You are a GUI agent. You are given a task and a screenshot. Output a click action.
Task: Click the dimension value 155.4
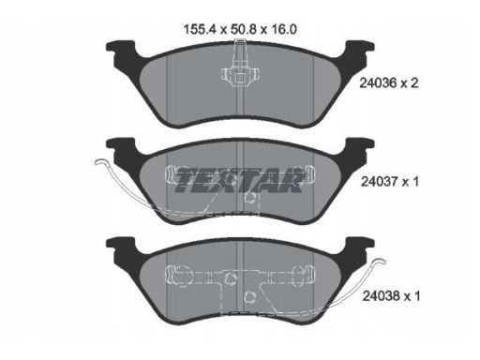tap(201, 29)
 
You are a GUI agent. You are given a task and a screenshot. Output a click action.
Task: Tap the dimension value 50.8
tap(244, 29)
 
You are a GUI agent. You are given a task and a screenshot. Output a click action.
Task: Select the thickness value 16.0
tap(283, 29)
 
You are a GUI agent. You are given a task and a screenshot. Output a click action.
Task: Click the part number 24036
tap(378, 83)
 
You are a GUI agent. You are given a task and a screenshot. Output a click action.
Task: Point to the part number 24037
tap(380, 182)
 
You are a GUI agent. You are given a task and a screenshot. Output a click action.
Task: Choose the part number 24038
tap(382, 296)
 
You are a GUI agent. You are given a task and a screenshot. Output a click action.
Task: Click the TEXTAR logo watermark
tap(239, 180)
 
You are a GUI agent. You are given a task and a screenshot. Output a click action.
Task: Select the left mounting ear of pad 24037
tap(121, 148)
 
